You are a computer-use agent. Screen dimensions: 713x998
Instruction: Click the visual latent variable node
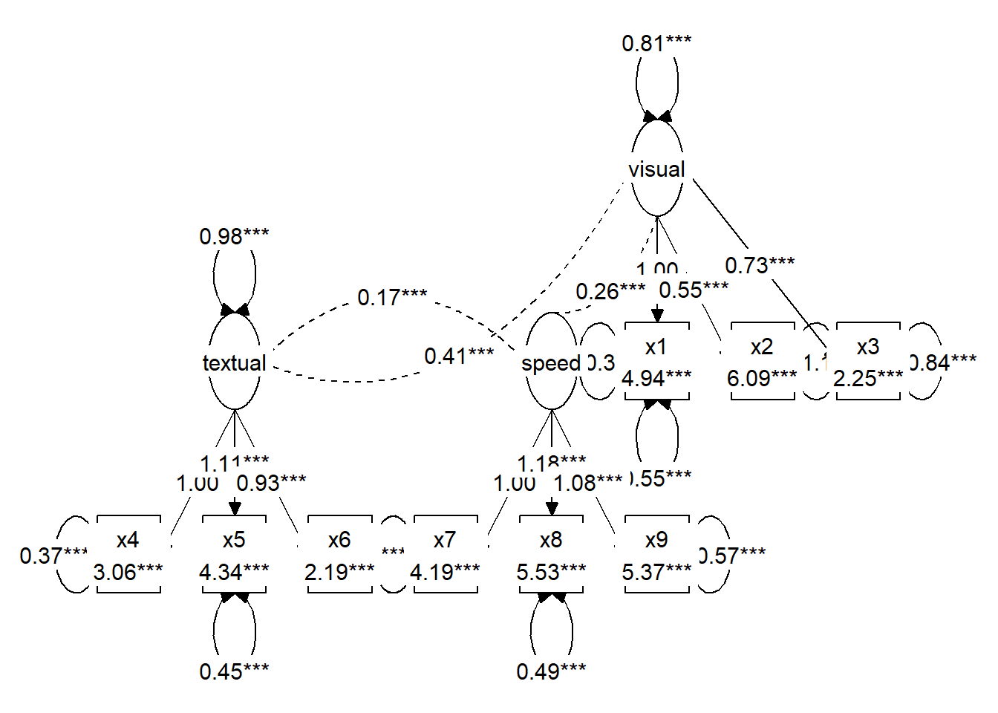[x=657, y=169]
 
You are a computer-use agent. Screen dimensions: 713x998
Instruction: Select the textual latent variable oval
[x=235, y=362]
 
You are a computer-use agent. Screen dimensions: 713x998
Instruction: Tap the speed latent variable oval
[x=551, y=362]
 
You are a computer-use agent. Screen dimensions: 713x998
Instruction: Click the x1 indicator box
[x=657, y=362]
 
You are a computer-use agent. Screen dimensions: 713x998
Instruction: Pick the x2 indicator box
[x=763, y=362]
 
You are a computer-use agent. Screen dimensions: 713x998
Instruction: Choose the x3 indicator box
[x=868, y=362]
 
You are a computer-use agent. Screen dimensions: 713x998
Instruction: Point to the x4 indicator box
[x=128, y=555]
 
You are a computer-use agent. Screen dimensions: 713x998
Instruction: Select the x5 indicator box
[x=235, y=555]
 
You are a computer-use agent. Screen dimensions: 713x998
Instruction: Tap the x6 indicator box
[x=340, y=555]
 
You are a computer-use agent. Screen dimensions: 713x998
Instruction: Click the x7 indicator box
[x=446, y=555]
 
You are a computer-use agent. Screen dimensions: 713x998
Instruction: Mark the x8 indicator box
[x=551, y=555]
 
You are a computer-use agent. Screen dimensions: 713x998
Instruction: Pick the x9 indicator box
[x=657, y=555]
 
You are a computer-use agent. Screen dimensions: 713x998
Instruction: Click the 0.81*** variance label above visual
[x=656, y=43]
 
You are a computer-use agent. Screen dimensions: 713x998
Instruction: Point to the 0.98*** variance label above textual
[x=234, y=236]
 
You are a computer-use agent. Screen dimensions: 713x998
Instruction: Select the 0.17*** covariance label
[x=392, y=297]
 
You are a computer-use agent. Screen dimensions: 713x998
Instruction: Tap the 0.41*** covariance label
[x=459, y=356]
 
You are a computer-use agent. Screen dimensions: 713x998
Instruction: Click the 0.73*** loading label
[x=760, y=264]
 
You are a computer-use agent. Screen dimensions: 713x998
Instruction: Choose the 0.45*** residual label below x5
[x=234, y=671]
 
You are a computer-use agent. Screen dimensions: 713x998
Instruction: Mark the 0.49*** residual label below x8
[x=551, y=671]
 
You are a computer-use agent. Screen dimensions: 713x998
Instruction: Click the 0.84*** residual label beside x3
[x=943, y=362]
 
